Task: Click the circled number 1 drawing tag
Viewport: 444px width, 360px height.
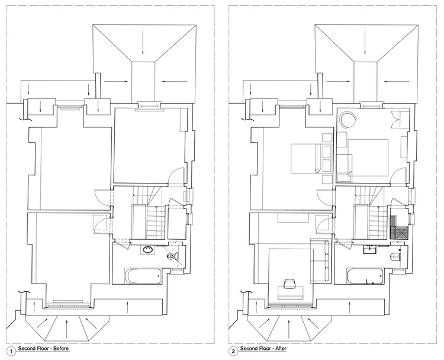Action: click(12, 352)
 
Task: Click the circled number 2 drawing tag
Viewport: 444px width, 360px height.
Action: click(234, 352)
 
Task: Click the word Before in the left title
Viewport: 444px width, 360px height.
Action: click(61, 348)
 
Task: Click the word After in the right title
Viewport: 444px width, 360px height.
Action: click(281, 348)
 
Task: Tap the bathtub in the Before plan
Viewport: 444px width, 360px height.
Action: click(143, 275)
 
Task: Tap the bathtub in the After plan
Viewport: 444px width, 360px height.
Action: click(365, 275)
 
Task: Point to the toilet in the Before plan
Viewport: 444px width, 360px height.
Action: click(172, 256)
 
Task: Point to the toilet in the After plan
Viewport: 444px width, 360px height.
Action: click(395, 256)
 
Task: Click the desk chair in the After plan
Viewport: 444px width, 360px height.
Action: click(289, 284)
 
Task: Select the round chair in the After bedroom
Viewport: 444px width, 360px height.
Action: click(348, 120)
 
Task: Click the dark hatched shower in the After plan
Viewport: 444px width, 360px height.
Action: click(398, 227)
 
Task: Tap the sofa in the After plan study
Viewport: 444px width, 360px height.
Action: click(320, 261)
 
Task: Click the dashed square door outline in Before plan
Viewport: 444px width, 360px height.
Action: click(99, 223)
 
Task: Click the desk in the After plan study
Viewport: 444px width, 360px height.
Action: click(291, 292)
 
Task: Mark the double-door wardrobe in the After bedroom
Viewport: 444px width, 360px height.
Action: click(400, 120)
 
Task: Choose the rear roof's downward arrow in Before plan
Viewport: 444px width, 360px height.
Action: click(143, 42)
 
